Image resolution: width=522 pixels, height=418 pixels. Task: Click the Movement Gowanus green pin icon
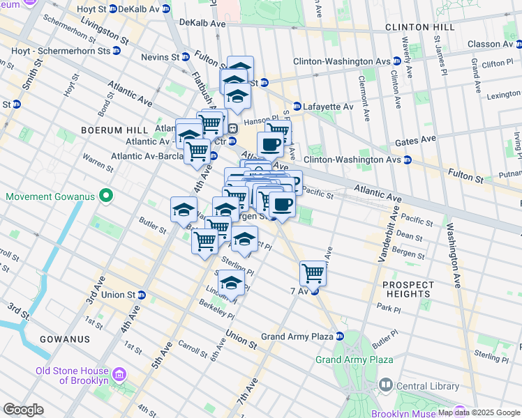pyautogui.click(x=105, y=196)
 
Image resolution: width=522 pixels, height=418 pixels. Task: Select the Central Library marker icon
pyautogui.click(x=385, y=384)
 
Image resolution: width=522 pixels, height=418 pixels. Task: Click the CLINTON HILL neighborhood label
pyautogui.click(x=419, y=27)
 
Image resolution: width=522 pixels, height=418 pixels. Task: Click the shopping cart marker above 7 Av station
pyautogui.click(x=313, y=273)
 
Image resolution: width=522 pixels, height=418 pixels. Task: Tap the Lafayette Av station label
pyautogui.click(x=328, y=107)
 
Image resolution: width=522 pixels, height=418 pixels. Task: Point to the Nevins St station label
pyautogui.click(x=159, y=56)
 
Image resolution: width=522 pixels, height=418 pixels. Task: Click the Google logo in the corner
pyautogui.click(x=23, y=410)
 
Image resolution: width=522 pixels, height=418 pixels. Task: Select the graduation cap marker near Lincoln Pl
pyautogui.click(x=231, y=283)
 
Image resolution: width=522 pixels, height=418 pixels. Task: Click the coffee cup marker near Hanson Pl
pyautogui.click(x=270, y=145)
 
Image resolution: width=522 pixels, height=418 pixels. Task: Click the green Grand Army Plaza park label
pyautogui.click(x=354, y=359)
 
